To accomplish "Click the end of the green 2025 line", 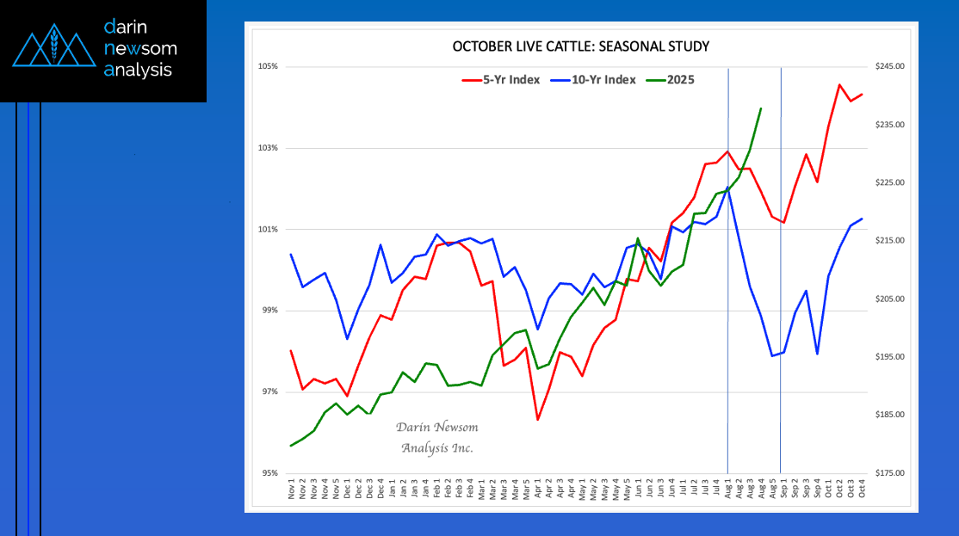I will coord(761,108).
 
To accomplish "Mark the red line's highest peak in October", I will coord(839,84).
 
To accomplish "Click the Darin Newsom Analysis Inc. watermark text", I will coord(436,438).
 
